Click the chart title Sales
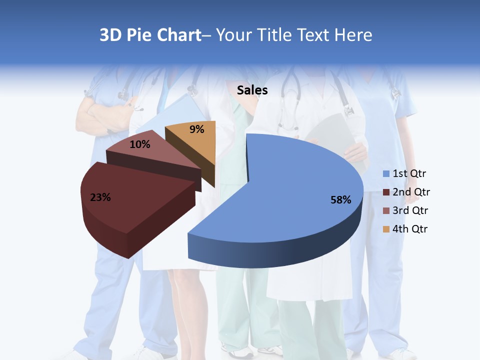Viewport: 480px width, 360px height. coord(252,90)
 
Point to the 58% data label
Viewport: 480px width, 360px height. coord(341,200)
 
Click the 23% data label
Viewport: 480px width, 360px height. coord(100,197)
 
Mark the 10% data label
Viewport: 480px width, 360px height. coord(139,145)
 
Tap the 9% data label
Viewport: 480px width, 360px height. coord(197,130)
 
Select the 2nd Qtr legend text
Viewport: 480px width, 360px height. coord(411,192)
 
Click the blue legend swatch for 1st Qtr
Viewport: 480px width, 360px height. coord(386,174)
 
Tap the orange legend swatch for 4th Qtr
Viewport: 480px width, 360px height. coord(386,229)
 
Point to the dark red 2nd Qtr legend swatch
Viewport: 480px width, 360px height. coord(386,192)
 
